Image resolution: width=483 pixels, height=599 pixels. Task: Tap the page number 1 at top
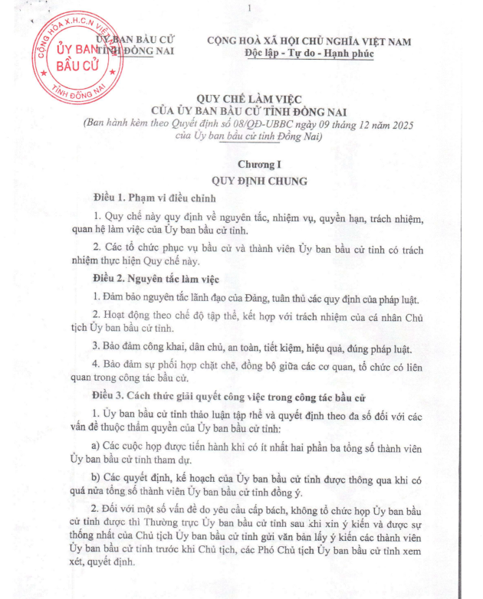(x=249, y=8)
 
